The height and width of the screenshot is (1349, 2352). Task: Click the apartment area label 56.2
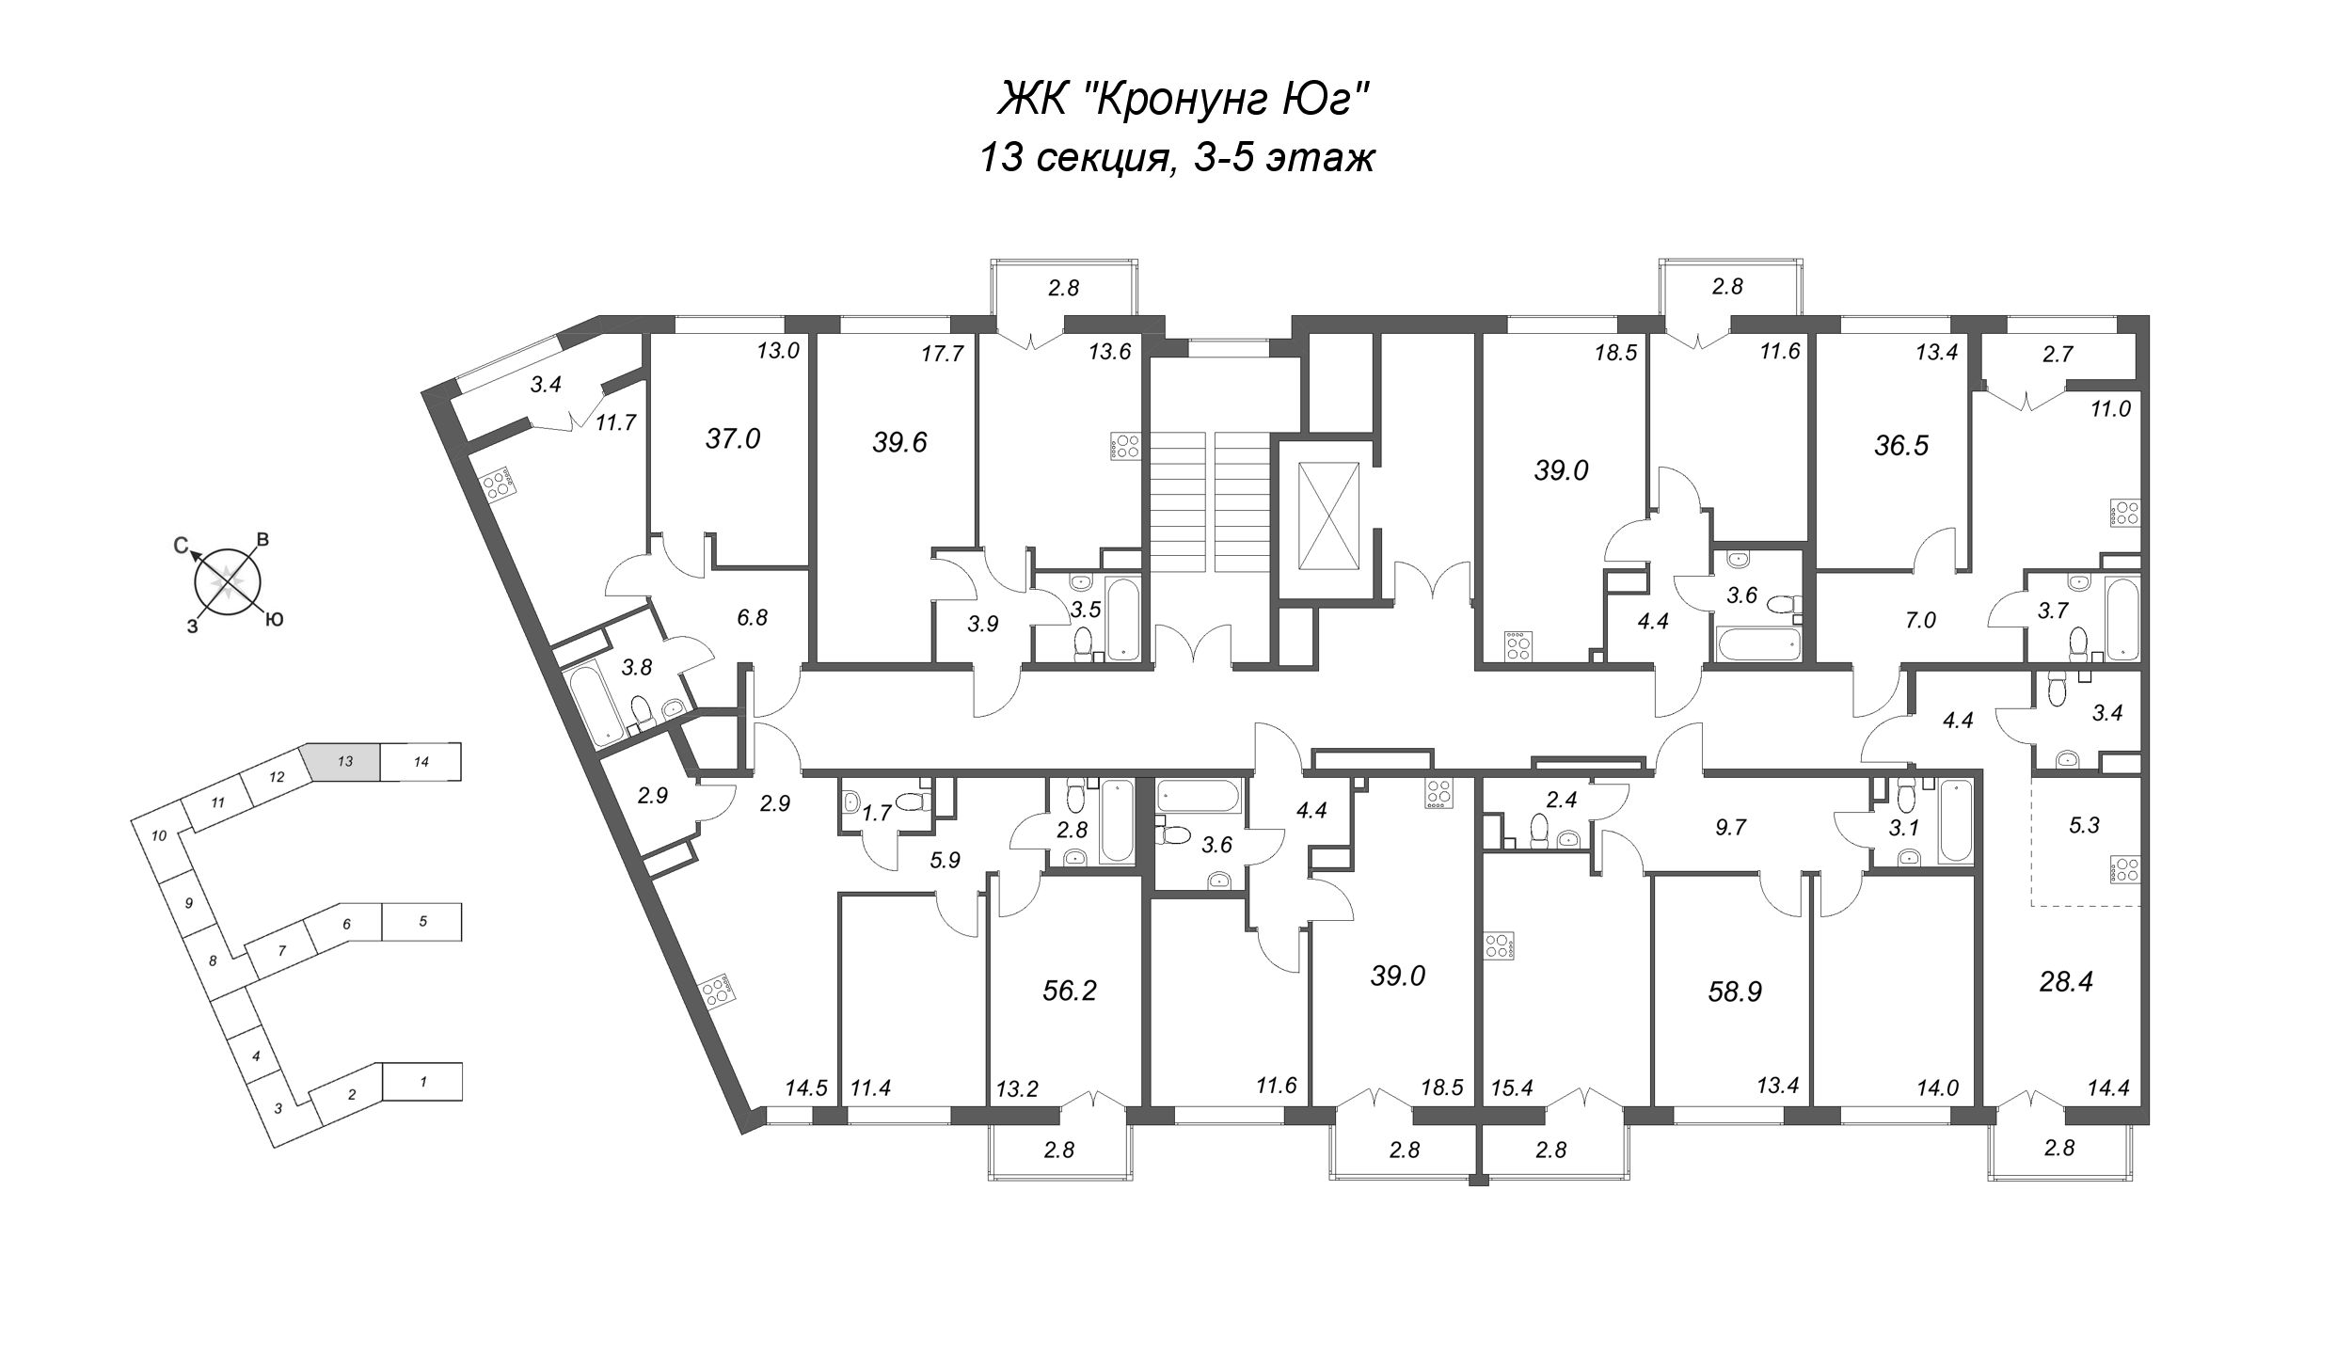point(1071,990)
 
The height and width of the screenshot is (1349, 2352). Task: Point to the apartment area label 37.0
point(733,438)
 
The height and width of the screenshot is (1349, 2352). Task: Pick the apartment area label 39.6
point(900,442)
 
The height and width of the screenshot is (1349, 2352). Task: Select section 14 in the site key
point(421,762)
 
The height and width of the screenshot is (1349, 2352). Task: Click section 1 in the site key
point(423,1082)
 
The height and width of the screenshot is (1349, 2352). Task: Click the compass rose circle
point(226,583)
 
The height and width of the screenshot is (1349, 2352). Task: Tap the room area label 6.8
point(752,617)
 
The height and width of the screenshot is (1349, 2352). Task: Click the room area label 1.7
point(877,813)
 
